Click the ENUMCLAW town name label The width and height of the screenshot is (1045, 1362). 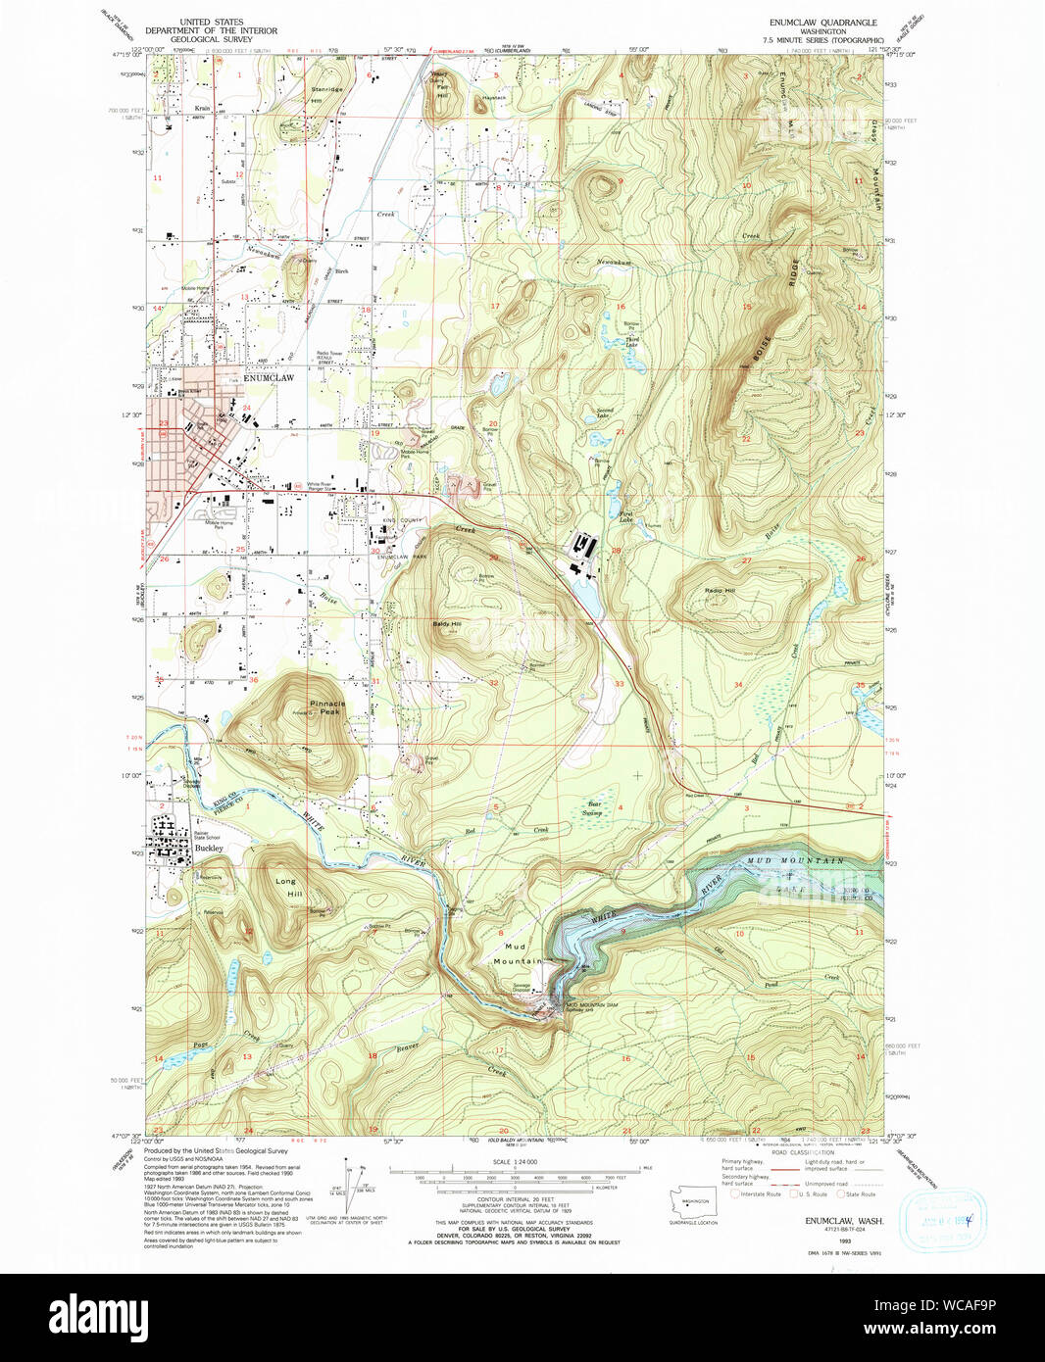click(268, 377)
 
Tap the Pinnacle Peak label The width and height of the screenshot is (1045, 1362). click(327, 707)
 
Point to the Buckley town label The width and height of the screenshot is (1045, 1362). click(208, 849)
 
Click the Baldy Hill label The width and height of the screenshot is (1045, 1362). click(447, 623)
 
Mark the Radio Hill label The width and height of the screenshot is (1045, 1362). click(720, 591)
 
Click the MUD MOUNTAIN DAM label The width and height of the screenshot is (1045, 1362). click(591, 1005)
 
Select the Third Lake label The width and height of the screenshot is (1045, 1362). click(632, 340)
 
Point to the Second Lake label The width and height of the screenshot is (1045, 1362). click(605, 412)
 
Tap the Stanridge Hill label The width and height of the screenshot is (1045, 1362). click(326, 89)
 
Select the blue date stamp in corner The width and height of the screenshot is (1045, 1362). click(941, 1220)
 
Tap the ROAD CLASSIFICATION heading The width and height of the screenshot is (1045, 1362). click(803, 1152)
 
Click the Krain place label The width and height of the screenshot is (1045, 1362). click(202, 109)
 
